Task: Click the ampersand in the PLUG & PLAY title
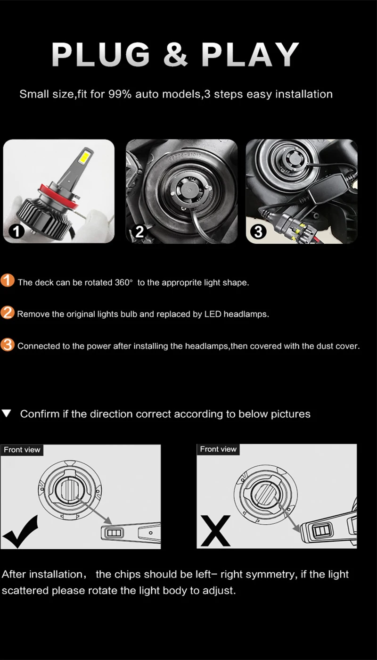pyautogui.click(x=175, y=54)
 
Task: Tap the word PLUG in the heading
pyautogui.click(x=101, y=54)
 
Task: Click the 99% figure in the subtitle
pyautogui.click(x=120, y=94)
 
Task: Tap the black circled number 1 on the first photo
pyautogui.click(x=16, y=231)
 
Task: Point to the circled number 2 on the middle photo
pyautogui.click(x=139, y=231)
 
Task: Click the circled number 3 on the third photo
pyautogui.click(x=258, y=231)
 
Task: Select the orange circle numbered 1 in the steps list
pyautogui.click(x=8, y=280)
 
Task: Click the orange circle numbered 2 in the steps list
pyautogui.click(x=8, y=313)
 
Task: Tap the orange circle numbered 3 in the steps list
pyautogui.click(x=8, y=345)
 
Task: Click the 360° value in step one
pyautogui.click(x=123, y=282)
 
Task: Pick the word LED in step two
pyautogui.click(x=213, y=314)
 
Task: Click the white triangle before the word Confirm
pyautogui.click(x=7, y=413)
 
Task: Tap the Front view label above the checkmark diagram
pyautogui.click(x=22, y=450)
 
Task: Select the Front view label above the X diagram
pyautogui.click(x=218, y=449)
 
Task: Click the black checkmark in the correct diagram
pyautogui.click(x=20, y=532)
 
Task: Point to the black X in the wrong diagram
pyautogui.click(x=215, y=531)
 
